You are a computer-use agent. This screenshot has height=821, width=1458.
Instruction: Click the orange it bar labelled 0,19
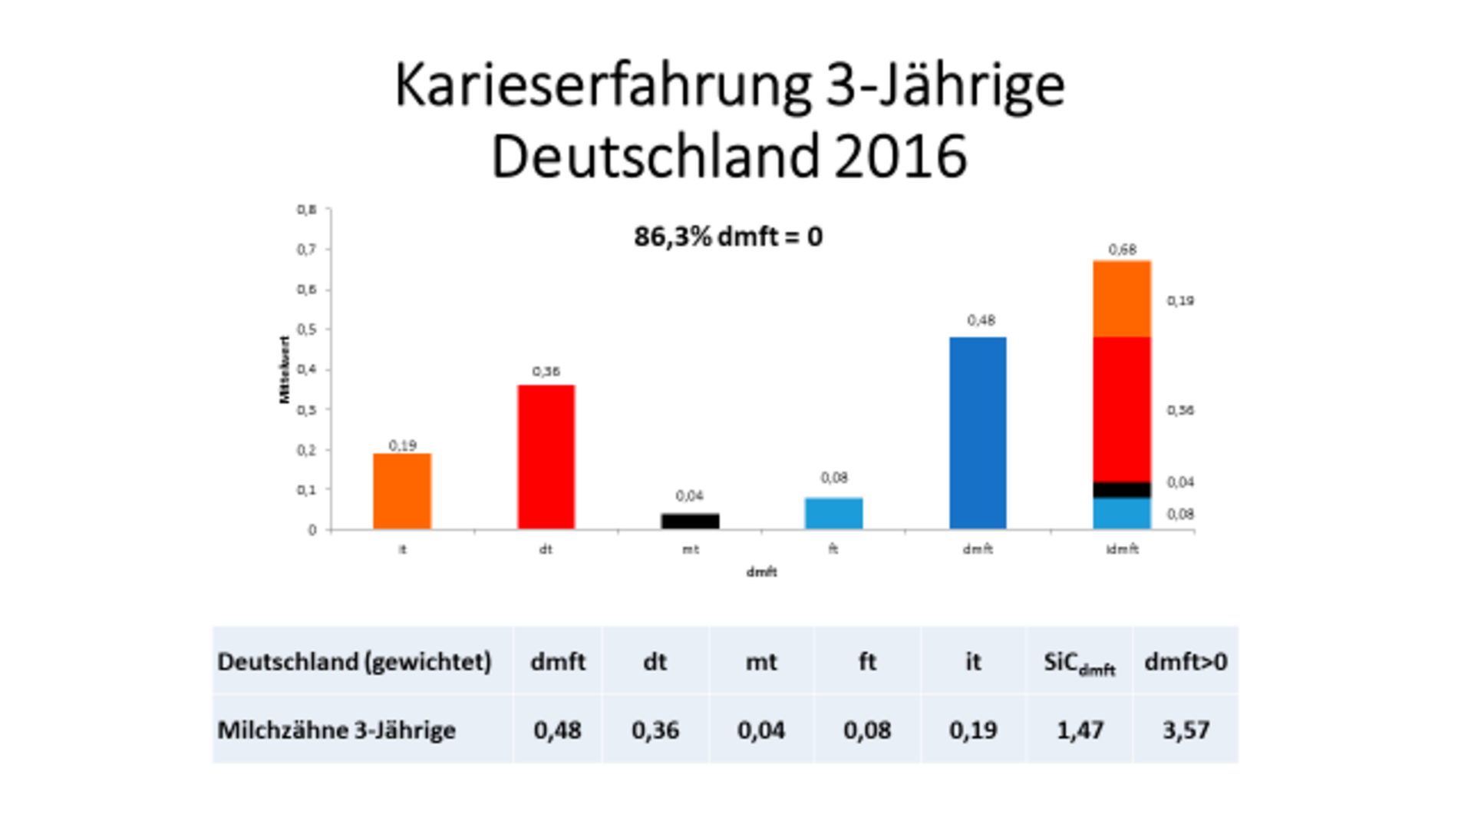tap(402, 491)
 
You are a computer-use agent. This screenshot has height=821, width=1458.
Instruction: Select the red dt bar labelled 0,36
tap(546, 456)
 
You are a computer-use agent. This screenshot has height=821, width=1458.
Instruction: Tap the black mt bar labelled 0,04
tap(690, 521)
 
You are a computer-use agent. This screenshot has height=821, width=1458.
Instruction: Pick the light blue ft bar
tap(833, 513)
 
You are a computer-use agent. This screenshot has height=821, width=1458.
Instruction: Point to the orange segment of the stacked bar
tap(1121, 299)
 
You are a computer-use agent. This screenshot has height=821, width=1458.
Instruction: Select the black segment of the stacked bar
tap(1121, 489)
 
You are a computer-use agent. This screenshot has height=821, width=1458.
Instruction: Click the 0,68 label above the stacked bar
tap(1122, 250)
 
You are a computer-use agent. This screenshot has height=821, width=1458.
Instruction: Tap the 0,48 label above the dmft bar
tap(981, 320)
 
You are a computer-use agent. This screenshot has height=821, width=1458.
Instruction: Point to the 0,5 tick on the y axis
tap(306, 329)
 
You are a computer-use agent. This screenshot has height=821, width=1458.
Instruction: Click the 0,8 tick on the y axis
tap(306, 210)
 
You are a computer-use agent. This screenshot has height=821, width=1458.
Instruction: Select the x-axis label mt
tap(690, 549)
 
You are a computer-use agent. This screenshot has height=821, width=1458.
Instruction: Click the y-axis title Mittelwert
tap(285, 369)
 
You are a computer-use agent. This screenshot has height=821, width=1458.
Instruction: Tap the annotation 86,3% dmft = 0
tap(727, 237)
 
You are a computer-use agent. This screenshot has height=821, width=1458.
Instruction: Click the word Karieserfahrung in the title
tap(602, 85)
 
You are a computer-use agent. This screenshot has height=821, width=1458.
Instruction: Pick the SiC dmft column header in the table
tap(1078, 663)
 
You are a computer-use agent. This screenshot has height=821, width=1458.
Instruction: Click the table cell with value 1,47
tap(1080, 730)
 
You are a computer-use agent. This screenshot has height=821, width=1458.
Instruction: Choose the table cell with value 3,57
tap(1186, 730)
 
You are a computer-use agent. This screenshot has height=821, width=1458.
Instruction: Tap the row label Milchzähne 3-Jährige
tap(336, 730)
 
